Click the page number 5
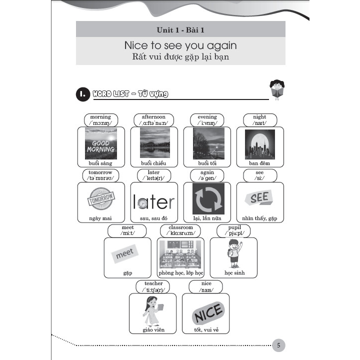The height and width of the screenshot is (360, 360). click(279, 345)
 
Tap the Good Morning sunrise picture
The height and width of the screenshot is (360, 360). click(100, 143)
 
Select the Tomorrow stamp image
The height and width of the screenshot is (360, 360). click(100, 200)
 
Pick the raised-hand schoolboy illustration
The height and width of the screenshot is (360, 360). click(234, 253)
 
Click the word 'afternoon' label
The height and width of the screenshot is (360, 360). click(153, 117)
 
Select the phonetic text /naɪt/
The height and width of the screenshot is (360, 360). click(259, 123)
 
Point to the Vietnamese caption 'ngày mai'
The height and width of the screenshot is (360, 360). click(100, 218)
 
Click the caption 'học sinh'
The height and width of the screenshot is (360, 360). click(234, 273)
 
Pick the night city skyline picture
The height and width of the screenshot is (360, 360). click(259, 144)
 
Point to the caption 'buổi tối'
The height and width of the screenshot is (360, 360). click(207, 163)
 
